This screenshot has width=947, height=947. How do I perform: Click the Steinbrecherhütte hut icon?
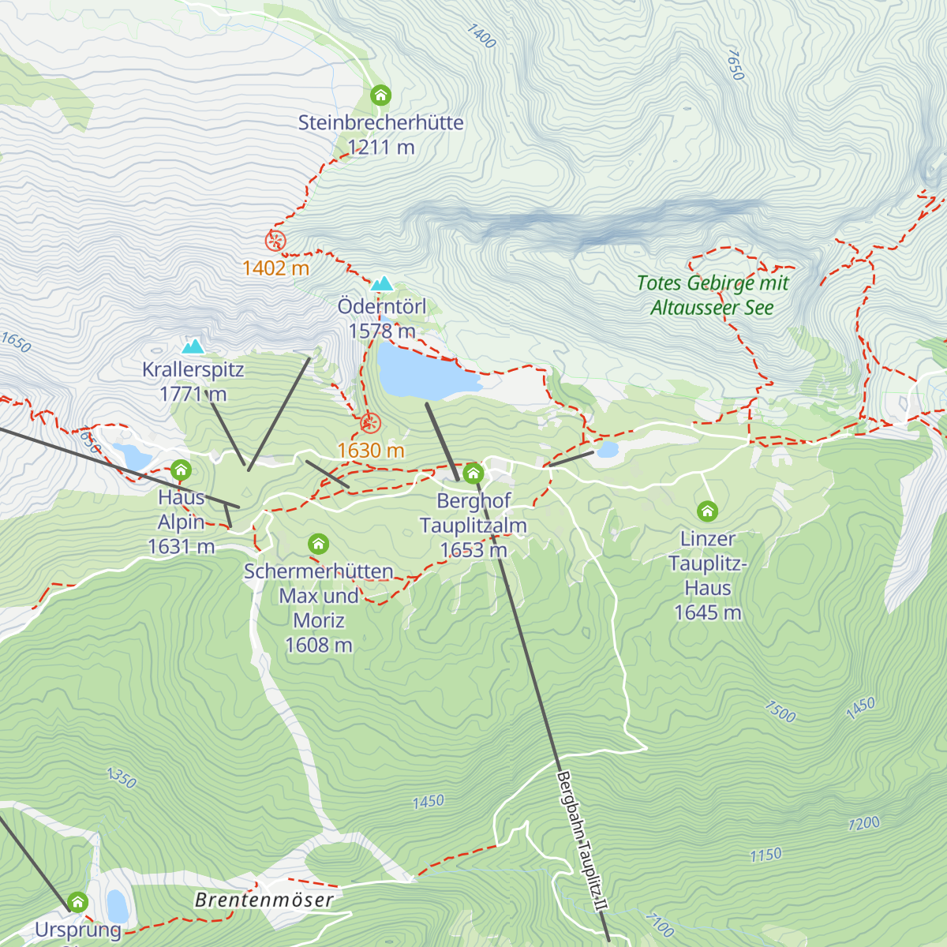[x=380, y=95]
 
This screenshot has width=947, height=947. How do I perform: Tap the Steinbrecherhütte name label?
[x=380, y=123]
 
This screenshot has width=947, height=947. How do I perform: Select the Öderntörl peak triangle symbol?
[x=382, y=284]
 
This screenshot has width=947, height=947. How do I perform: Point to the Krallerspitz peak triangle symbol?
[x=193, y=346]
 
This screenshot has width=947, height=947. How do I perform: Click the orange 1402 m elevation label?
[x=275, y=268]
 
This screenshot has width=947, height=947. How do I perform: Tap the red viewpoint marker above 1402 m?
[x=275, y=241]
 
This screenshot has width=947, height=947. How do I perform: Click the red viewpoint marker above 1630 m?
[x=370, y=424]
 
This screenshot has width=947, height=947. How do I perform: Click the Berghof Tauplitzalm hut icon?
[x=473, y=473]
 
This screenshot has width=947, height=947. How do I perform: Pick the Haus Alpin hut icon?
[x=181, y=470]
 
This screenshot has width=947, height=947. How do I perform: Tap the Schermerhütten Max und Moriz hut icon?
[x=318, y=544]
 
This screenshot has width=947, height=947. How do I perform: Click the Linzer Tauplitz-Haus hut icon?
[x=707, y=511]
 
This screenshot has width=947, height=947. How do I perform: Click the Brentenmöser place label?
[x=264, y=900]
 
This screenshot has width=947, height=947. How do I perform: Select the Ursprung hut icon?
[x=77, y=901]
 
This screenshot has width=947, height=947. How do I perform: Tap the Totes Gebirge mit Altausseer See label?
[x=712, y=295]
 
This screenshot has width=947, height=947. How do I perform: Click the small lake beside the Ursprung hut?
[x=117, y=906]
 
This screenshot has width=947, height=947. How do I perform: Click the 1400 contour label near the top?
[x=481, y=36]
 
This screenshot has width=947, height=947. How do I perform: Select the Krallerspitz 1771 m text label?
[x=193, y=381]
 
